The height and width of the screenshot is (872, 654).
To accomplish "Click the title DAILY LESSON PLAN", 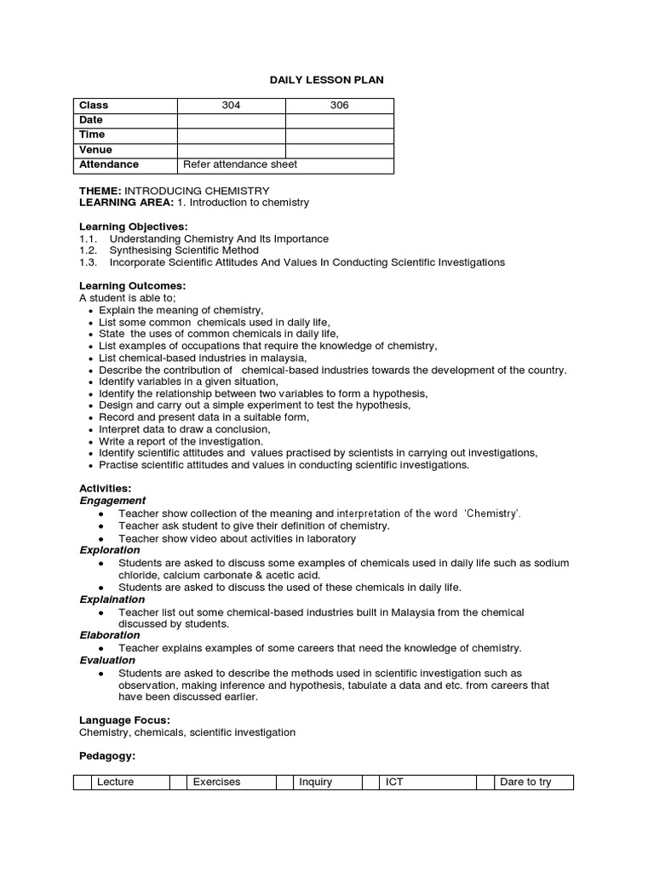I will pyautogui.click(x=327, y=80).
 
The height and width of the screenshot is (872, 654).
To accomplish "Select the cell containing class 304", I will pyautogui.click(x=231, y=106).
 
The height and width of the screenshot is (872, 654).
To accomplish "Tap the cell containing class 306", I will pyautogui.click(x=339, y=106).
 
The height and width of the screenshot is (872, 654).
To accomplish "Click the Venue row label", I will pyautogui.click(x=95, y=150).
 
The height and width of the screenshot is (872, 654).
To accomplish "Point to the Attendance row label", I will pyautogui.click(x=108, y=164).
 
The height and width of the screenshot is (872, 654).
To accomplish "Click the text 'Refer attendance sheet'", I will pyautogui.click(x=240, y=164).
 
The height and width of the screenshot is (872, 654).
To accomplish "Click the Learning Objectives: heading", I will pyautogui.click(x=133, y=227).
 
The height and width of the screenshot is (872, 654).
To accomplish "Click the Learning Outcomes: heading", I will pyautogui.click(x=132, y=285).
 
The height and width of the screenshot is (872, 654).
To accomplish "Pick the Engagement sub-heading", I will pyautogui.click(x=112, y=501).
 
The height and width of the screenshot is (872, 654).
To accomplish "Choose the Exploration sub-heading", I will pyautogui.click(x=109, y=550).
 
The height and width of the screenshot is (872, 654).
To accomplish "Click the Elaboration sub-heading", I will pyautogui.click(x=109, y=635).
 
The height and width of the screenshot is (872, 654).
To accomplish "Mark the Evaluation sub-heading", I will pyautogui.click(x=107, y=660).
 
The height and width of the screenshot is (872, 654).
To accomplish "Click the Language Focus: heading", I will pyautogui.click(x=124, y=720).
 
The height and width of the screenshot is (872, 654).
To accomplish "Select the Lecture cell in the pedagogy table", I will pyautogui.click(x=130, y=782).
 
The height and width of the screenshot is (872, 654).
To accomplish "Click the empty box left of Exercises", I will pyautogui.click(x=178, y=782).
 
